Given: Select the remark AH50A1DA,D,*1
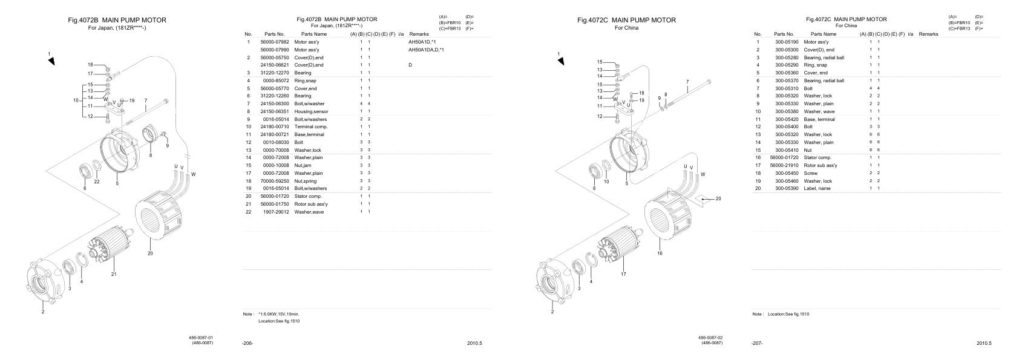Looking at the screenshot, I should (427, 50).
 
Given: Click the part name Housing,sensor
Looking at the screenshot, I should (311, 111).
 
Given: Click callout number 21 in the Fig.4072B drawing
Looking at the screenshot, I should (114, 274).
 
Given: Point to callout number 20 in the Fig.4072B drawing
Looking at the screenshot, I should (150, 254).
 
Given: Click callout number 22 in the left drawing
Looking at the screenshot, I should (96, 181).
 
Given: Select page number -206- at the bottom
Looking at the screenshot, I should (247, 344).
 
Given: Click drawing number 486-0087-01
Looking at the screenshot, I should (201, 338).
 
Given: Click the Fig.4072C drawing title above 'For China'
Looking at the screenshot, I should (626, 20).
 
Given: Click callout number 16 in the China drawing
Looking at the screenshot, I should (660, 254).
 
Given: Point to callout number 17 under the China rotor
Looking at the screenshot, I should (623, 274).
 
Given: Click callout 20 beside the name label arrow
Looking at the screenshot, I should (718, 198).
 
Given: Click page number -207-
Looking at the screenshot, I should (757, 344).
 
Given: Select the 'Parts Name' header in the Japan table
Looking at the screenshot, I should (314, 34).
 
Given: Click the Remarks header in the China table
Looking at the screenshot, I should (928, 34).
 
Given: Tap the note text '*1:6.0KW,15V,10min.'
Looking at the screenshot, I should (279, 314).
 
